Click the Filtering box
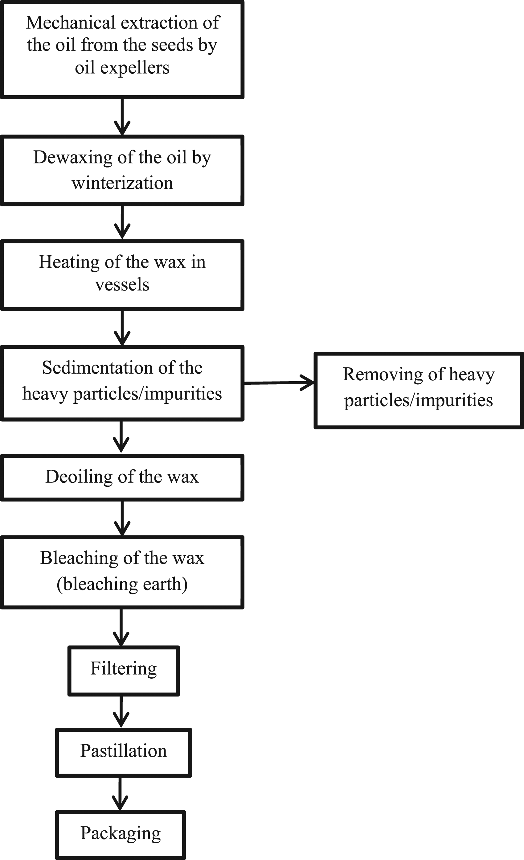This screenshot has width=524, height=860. point(124,671)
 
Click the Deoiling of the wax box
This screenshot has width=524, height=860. point(122,478)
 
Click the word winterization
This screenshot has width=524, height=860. point(122,183)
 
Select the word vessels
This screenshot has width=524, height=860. point(122,284)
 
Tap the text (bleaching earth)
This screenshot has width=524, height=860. point(122,584)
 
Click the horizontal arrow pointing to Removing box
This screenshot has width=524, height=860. point(279,383)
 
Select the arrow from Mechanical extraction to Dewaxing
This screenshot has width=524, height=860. point(122,117)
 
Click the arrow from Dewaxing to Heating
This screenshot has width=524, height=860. point(122,222)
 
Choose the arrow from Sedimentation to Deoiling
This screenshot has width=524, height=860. point(121,437)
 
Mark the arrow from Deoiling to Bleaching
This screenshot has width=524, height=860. point(122,518)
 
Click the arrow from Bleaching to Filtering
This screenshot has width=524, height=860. point(121,627)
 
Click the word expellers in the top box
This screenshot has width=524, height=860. point(135,68)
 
